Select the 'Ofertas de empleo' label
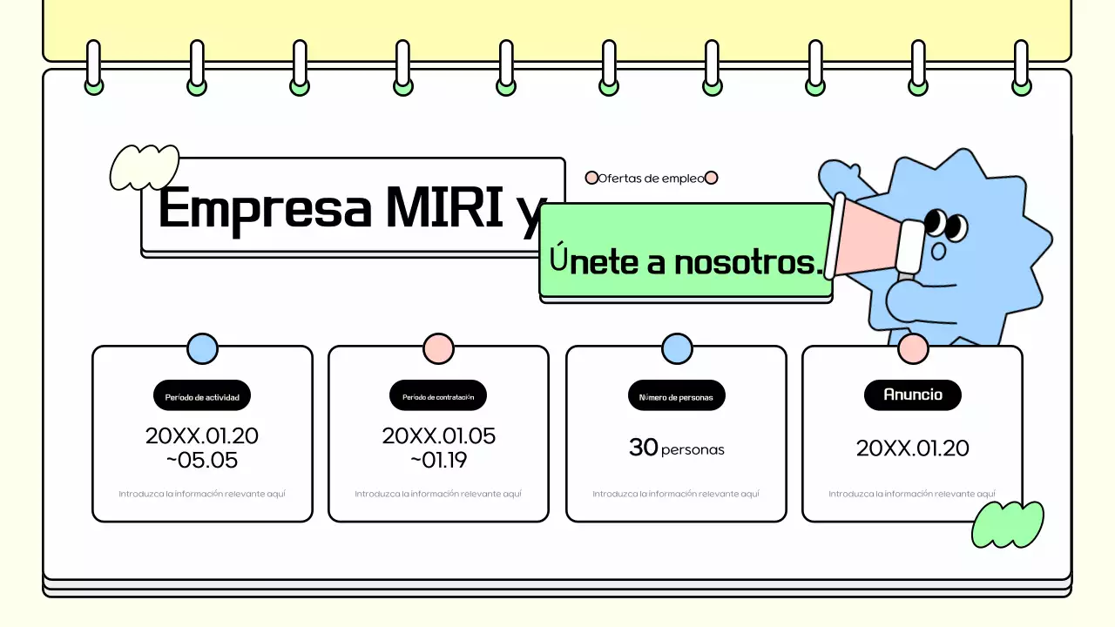click(x=651, y=179)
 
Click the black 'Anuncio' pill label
click(x=913, y=394)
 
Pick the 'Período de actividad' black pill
click(x=202, y=396)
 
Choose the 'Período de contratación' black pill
click(x=438, y=396)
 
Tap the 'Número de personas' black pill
click(x=676, y=396)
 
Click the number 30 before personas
click(x=643, y=448)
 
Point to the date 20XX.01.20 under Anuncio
click(x=912, y=448)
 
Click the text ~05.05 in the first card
click(x=201, y=460)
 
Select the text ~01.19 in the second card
click(x=438, y=460)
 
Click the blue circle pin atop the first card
click(x=202, y=349)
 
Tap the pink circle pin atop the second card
click(x=438, y=349)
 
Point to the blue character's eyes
click(x=944, y=225)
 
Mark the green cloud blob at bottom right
click(x=1007, y=523)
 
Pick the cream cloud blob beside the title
click(x=144, y=167)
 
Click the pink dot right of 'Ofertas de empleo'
click(x=711, y=178)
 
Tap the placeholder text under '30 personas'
click(x=676, y=494)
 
